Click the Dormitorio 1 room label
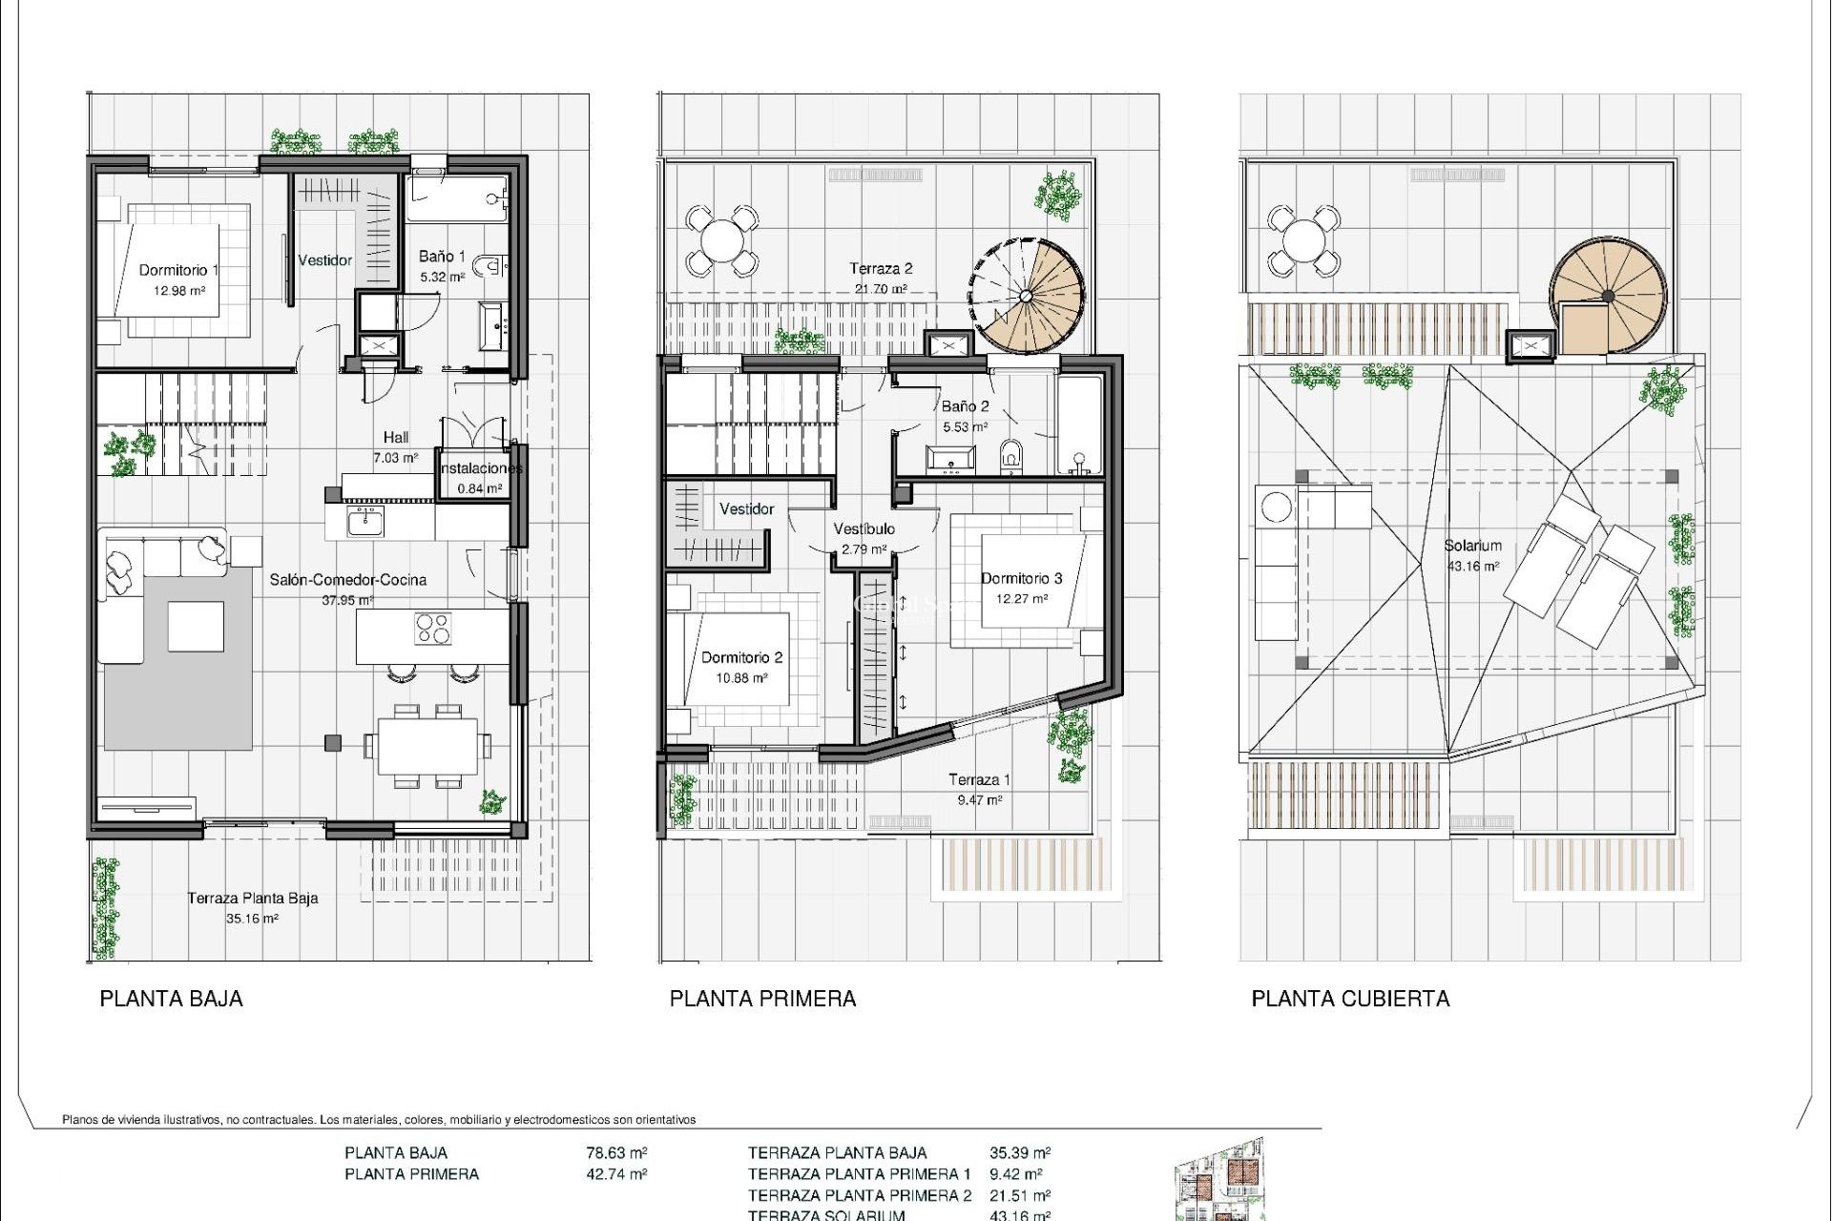(x=178, y=270)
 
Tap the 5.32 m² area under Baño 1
(x=443, y=278)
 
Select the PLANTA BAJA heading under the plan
(x=172, y=999)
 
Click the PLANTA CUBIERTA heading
(x=1350, y=999)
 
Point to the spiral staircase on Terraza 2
(x=1029, y=295)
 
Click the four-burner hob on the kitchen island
(x=432, y=629)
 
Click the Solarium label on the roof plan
(x=1472, y=546)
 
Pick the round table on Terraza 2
(x=722, y=239)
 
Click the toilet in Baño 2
(x=1011, y=457)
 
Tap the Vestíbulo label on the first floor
(x=864, y=528)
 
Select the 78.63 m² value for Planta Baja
(x=616, y=1152)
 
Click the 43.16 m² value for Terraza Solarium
(x=1020, y=1214)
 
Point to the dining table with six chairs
(x=427, y=747)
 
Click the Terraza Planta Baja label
(x=252, y=898)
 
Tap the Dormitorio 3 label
(x=1021, y=578)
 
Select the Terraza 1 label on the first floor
(x=979, y=779)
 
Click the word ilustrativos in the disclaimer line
(x=191, y=1120)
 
